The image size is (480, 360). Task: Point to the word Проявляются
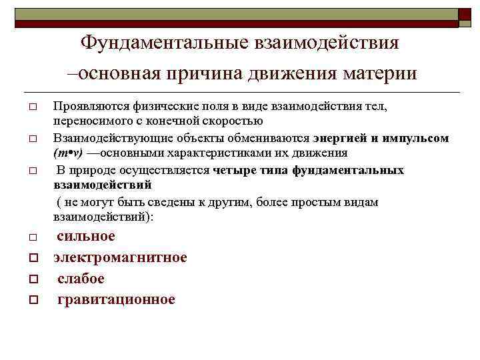[x=86, y=106]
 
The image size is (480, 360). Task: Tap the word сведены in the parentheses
[x=181, y=202]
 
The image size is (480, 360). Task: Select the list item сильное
[x=86, y=236]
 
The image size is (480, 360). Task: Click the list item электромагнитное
[x=120, y=257]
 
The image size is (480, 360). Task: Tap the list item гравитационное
[x=116, y=299]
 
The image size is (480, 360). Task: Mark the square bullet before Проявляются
[x=32, y=107]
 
